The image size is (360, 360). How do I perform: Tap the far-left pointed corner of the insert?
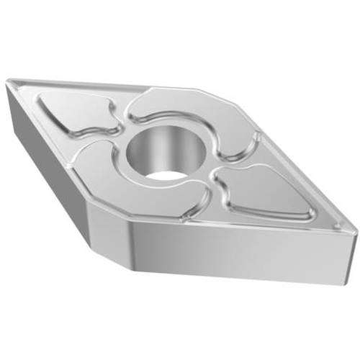6,85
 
